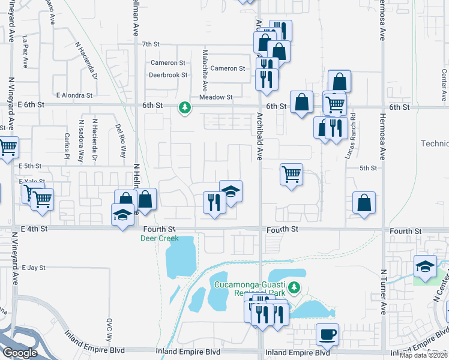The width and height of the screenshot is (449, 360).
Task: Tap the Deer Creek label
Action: pos(160,238)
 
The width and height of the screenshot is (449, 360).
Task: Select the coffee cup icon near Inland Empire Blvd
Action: pos(327,334)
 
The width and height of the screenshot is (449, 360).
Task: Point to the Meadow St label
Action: pos(215,97)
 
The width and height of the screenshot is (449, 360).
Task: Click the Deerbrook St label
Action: pos(169,76)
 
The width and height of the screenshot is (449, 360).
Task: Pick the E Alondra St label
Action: pos(74,95)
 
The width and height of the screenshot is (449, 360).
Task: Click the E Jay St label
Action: pos(33,267)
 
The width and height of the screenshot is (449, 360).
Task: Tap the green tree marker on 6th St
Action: pos(185,108)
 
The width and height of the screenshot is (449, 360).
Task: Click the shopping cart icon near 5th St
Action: pos(291,175)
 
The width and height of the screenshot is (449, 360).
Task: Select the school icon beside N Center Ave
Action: pos(425,265)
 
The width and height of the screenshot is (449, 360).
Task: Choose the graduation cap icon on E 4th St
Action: pos(123,215)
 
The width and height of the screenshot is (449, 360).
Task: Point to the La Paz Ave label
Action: pos(25,46)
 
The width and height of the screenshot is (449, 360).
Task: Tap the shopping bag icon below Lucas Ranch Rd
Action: pos(364,203)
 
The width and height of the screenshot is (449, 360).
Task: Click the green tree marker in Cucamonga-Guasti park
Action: pos(294,289)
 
